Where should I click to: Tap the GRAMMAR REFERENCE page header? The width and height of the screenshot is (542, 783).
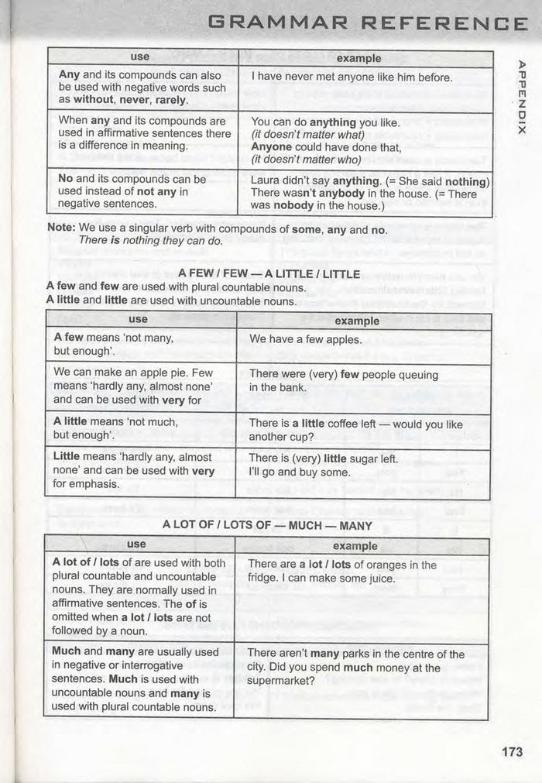[x=369, y=24]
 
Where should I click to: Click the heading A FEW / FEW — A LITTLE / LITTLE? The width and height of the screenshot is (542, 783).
[x=269, y=274]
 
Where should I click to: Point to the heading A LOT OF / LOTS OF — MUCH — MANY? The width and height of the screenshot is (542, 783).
[x=267, y=525]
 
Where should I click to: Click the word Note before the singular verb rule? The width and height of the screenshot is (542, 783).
[x=60, y=228]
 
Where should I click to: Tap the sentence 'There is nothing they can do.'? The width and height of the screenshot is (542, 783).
[x=150, y=241]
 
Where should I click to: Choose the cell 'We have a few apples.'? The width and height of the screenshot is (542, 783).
[x=305, y=339]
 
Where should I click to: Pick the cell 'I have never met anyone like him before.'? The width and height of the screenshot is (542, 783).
[x=352, y=77]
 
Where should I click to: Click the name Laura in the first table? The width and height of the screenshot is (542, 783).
[x=266, y=181]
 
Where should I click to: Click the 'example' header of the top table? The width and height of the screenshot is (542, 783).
[x=359, y=58]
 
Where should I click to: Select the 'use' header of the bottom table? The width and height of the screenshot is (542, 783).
[x=136, y=544]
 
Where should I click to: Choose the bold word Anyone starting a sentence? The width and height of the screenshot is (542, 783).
[x=272, y=146]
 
